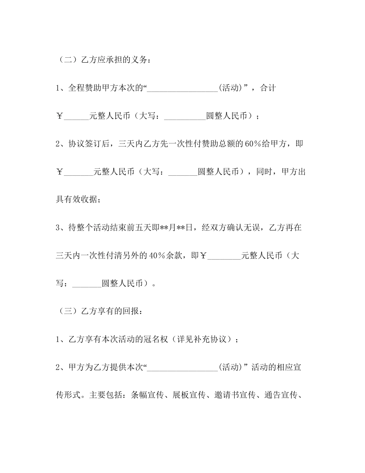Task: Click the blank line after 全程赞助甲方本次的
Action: pos(182,90)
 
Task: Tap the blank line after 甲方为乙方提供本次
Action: pos(182,369)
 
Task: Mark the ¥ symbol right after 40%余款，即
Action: pos(203,255)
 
